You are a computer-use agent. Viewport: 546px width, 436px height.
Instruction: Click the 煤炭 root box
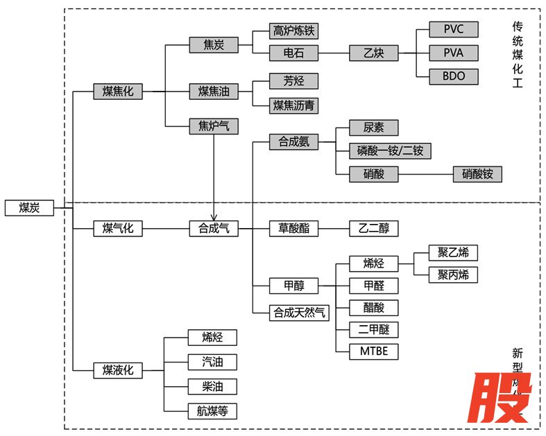(28, 207)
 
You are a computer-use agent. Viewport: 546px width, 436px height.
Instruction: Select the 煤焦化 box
(118, 91)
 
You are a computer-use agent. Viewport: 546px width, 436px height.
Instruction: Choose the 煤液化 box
(118, 370)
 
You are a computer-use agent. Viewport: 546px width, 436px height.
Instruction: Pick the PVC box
(453, 30)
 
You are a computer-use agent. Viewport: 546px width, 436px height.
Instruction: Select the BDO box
(453, 76)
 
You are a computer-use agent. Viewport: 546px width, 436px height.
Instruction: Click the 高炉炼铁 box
(294, 31)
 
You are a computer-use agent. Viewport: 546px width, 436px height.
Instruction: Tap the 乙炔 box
(373, 53)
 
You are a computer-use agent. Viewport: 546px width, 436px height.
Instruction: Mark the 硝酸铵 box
(477, 174)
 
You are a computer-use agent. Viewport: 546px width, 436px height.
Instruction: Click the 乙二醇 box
(374, 228)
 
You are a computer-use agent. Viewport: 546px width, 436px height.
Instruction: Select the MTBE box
(374, 351)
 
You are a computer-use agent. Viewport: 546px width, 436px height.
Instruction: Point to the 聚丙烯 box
(453, 275)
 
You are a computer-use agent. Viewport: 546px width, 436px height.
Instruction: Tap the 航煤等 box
(213, 410)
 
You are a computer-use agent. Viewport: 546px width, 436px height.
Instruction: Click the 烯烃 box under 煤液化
(213, 338)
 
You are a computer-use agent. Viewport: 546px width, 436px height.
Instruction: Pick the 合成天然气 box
(298, 312)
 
